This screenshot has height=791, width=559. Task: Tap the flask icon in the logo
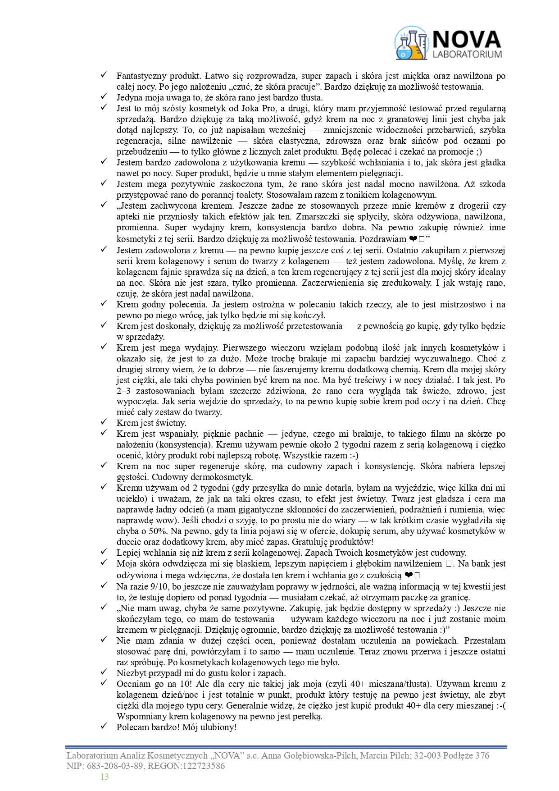pos(411,43)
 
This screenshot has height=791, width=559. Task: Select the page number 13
pos(105,776)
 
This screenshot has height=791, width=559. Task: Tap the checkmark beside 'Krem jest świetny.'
pos(103,422)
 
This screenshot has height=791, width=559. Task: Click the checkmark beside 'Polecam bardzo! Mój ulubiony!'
pos(103,727)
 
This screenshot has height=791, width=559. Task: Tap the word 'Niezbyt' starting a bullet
pos(130,673)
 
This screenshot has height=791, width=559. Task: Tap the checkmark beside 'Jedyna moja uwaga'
pos(103,97)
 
